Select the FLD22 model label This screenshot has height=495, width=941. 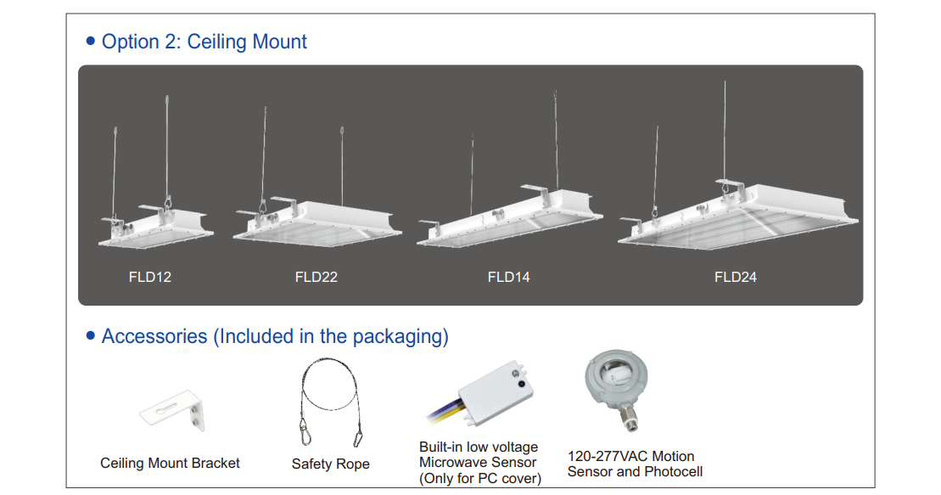[x=316, y=277]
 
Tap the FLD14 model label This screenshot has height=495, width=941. [x=509, y=277]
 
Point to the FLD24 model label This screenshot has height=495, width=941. [x=736, y=277]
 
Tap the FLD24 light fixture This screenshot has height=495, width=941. [x=737, y=217]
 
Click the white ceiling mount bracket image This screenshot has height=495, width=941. [x=173, y=413]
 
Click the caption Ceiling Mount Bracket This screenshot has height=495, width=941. [x=170, y=464]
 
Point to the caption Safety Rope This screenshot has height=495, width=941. [x=330, y=464]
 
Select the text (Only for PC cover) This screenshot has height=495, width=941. [x=480, y=479]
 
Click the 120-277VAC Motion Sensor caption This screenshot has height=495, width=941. [x=630, y=457]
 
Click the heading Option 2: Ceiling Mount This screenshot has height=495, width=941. [x=204, y=42]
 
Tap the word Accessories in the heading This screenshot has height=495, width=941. [x=154, y=336]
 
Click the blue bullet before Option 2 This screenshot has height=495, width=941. [x=91, y=42]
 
